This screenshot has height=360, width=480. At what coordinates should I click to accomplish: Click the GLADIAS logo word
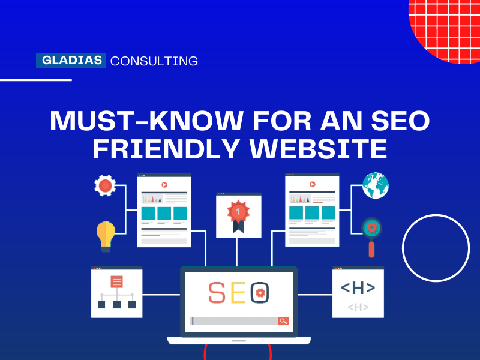pos(71,61)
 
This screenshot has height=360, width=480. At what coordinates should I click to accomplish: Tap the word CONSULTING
pos(154,61)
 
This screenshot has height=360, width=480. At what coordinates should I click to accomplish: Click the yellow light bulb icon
pos(106,235)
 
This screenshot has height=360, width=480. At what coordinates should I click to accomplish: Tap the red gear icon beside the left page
pos(105,185)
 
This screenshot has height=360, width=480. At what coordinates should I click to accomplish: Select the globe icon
pos(376,185)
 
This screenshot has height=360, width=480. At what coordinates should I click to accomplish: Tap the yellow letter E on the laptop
pos(238,292)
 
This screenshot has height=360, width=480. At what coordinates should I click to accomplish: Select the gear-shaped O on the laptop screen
pos(260,292)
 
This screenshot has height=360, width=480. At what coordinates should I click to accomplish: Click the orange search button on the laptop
pos(283,321)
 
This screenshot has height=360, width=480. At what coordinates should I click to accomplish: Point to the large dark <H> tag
pos(358,288)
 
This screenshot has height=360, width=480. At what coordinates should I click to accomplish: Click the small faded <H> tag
pos(358,307)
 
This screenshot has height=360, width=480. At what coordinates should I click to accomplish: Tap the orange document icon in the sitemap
pos(116,281)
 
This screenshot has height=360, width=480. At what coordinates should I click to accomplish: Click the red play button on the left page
pos(164,185)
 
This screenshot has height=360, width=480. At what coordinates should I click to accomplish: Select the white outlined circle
pos(436,248)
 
